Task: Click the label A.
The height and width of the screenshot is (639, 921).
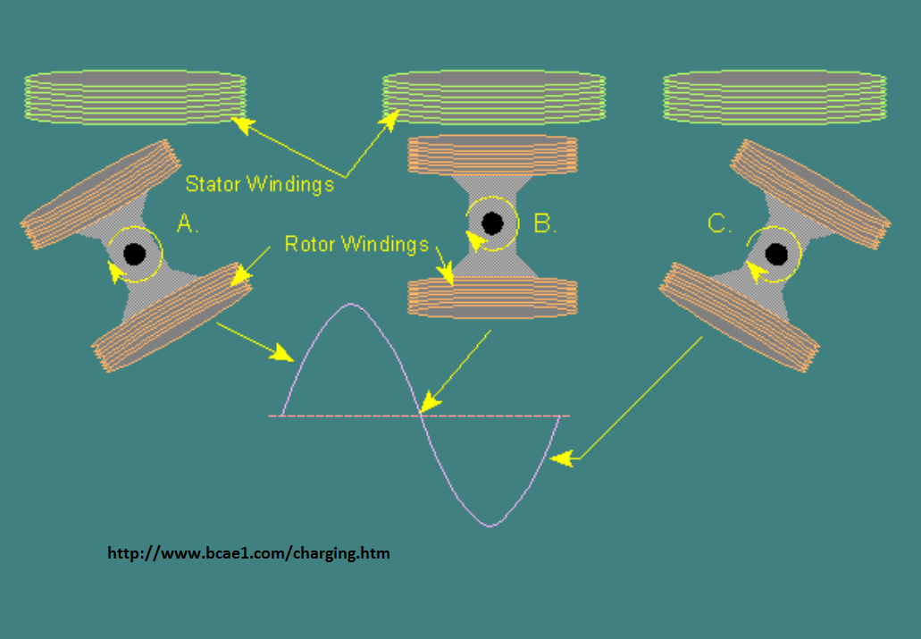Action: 188,223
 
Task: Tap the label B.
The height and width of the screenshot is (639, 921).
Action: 545,223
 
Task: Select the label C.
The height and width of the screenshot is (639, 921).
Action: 719,223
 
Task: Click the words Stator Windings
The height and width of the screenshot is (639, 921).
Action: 260,184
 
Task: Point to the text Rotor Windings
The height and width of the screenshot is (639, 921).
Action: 356,244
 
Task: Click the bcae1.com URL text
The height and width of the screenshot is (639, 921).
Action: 248,553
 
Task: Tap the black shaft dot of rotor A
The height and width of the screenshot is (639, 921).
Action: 135,254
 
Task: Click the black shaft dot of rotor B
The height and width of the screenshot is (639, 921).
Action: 492,223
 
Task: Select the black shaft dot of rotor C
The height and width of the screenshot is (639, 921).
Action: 776,255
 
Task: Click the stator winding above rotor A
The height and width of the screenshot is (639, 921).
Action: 135,97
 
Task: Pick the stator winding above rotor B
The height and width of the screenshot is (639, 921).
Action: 494,97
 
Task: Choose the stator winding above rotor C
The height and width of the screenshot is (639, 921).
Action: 774,97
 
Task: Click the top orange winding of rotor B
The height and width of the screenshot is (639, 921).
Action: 492,156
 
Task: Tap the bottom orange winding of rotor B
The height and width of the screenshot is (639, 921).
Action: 492,298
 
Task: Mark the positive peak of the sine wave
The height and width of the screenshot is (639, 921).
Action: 351,304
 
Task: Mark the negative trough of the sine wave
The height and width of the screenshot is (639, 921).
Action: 490,525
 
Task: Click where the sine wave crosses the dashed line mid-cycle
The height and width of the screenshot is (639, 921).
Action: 421,416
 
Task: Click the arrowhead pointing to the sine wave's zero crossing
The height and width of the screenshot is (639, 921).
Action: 430,401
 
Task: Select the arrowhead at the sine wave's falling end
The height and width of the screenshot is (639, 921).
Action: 562,458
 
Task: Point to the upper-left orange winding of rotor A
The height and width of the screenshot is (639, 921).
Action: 100,194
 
